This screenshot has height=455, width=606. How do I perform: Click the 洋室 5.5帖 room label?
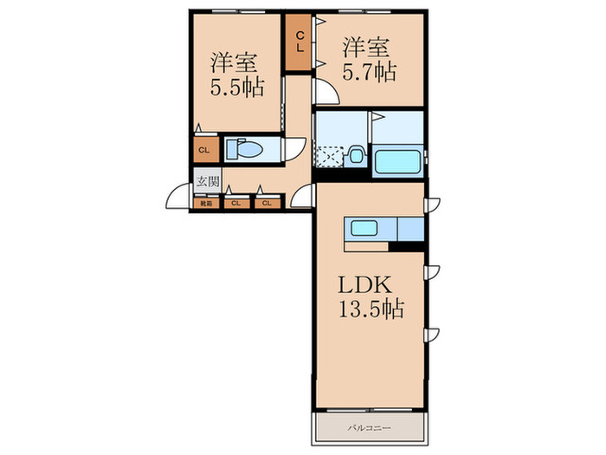[236, 75]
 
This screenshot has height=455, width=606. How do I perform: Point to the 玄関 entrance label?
[206, 182]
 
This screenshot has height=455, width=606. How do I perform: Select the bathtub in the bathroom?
[397, 162]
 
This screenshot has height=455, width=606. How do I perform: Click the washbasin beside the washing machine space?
[355, 157]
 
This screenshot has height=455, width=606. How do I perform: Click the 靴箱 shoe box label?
[206, 205]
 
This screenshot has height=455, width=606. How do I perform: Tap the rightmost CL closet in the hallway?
[267, 205]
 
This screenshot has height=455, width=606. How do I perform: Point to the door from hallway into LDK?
[303, 198]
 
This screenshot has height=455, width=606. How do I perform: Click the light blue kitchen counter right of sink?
[409, 229]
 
